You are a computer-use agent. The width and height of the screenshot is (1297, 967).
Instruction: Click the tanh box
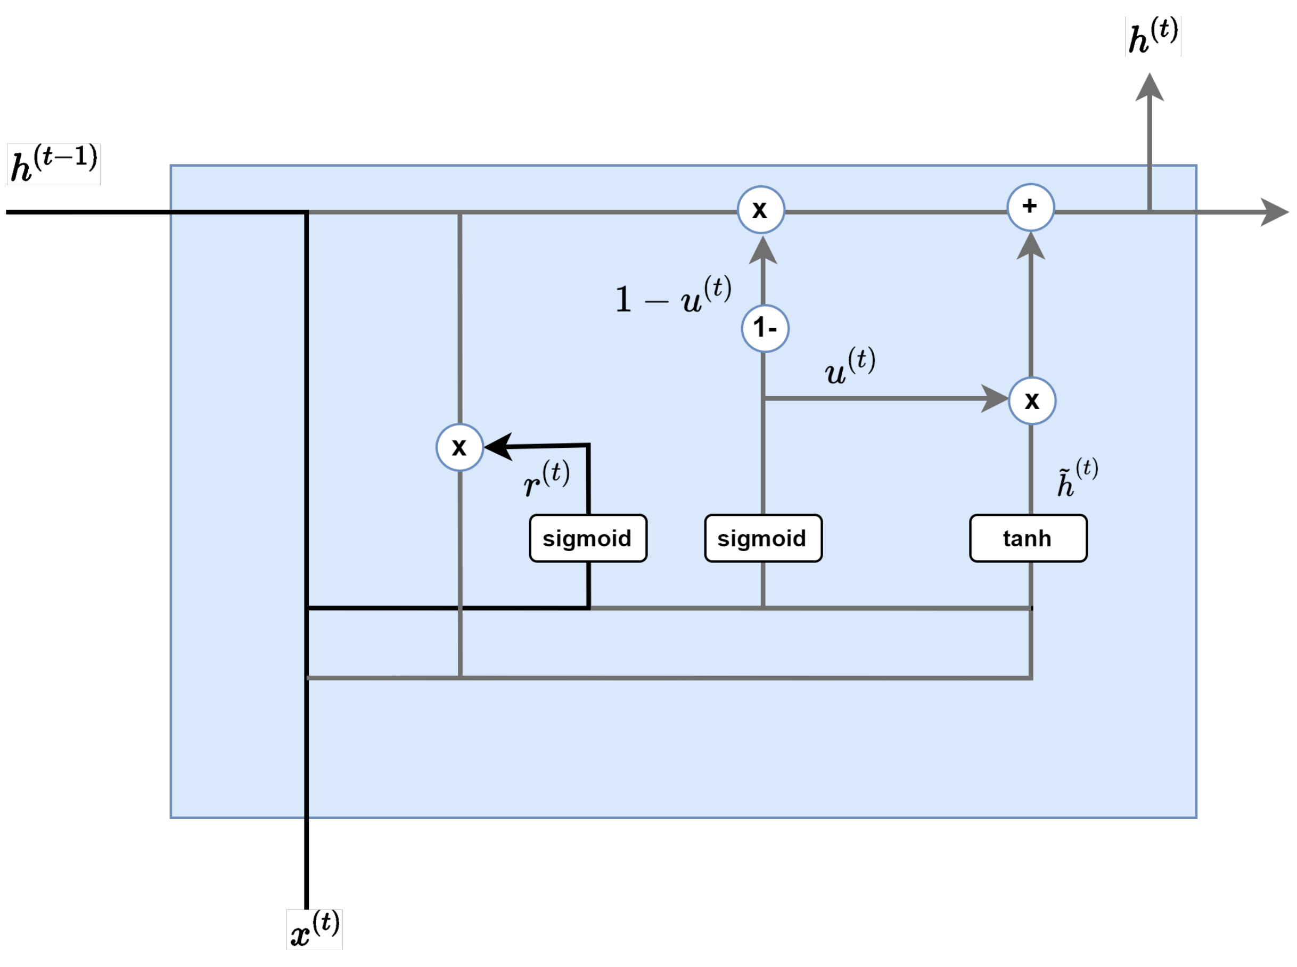tap(1027, 538)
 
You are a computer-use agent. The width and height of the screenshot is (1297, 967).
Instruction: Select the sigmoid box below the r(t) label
tap(588, 538)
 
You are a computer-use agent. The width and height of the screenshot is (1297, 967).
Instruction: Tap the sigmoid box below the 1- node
tap(762, 538)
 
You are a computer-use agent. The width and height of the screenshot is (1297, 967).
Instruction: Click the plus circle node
tap(1030, 207)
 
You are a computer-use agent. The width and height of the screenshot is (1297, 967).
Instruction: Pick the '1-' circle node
tap(765, 329)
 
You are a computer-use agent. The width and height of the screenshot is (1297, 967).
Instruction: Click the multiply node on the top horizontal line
tap(760, 210)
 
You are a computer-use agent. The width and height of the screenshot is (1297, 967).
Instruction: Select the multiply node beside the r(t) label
tap(459, 447)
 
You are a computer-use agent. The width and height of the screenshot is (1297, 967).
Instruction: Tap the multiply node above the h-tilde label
tap(1032, 401)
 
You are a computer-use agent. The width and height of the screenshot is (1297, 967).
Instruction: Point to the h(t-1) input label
tap(54, 165)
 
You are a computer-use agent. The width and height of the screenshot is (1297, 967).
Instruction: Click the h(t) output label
tap(1152, 36)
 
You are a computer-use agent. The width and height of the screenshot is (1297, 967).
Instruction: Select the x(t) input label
tap(314, 930)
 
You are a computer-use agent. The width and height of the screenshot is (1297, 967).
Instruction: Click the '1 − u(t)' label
tap(673, 296)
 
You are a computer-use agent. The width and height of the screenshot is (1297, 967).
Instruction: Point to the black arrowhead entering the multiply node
tap(498, 447)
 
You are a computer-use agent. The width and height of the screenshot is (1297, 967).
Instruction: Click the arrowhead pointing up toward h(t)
tap(1149, 88)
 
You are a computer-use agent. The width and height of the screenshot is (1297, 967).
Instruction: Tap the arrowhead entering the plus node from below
tap(1030, 246)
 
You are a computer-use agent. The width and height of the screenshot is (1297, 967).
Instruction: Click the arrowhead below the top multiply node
tap(762, 250)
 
